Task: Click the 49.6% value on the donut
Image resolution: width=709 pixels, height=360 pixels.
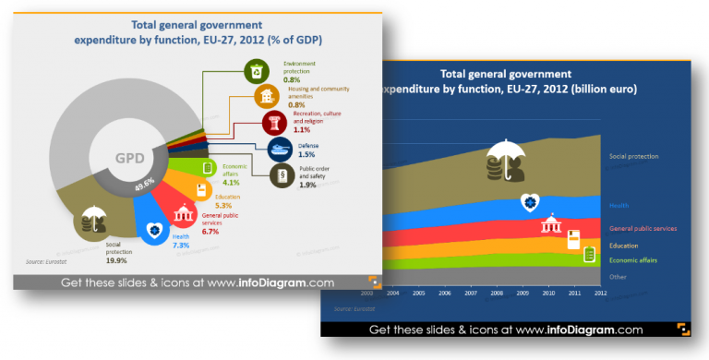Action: pyautogui.click(x=144, y=185)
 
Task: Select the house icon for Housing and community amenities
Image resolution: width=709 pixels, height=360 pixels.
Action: pyautogui.click(x=267, y=97)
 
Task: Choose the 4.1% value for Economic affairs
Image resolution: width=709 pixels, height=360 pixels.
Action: pyautogui.click(x=230, y=184)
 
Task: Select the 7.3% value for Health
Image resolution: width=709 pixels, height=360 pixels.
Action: pyautogui.click(x=181, y=246)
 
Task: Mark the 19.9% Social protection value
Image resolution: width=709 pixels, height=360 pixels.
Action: pyautogui.click(x=116, y=262)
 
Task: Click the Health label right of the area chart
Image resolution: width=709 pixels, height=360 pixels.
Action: pyautogui.click(x=619, y=205)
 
